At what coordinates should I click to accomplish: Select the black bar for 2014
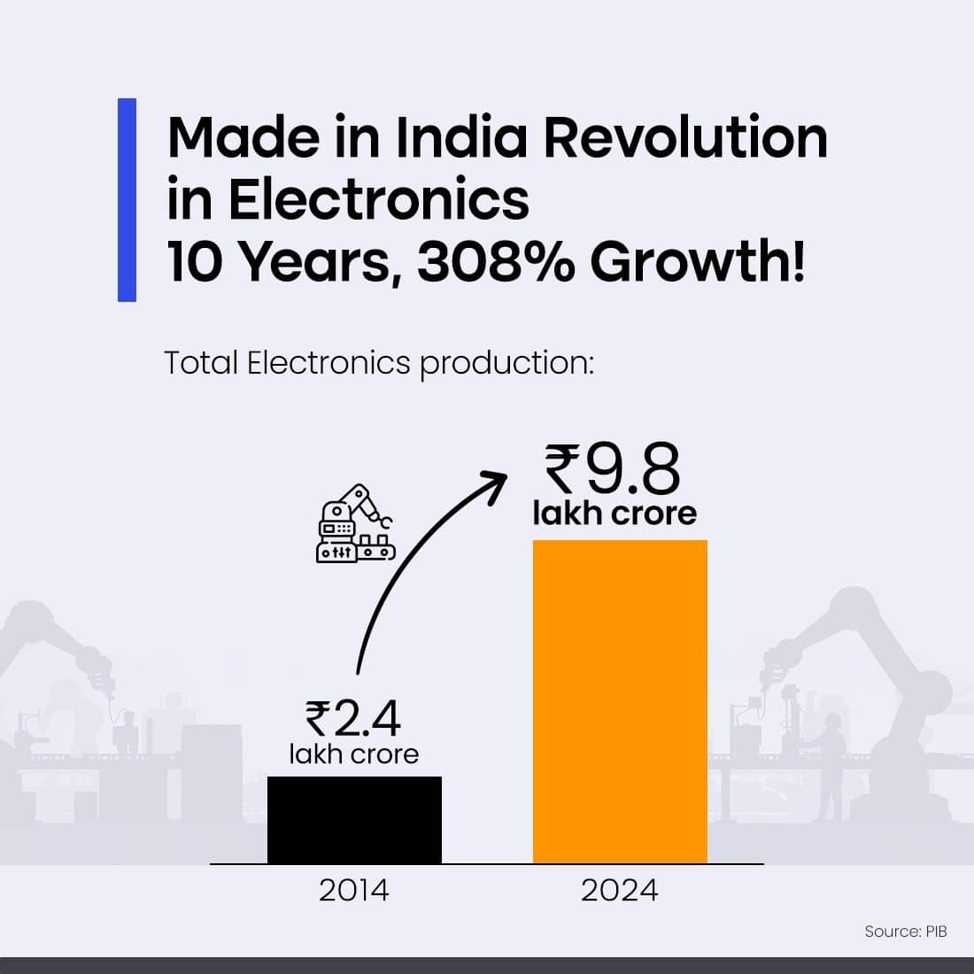tap(354, 820)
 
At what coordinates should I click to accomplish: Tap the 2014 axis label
tap(354, 890)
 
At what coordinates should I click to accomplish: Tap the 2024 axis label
tap(620, 890)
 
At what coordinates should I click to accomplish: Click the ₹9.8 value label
tap(614, 471)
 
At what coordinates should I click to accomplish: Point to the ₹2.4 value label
tap(353, 718)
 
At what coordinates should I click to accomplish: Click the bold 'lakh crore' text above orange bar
tap(615, 514)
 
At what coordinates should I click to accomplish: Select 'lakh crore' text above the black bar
tap(353, 754)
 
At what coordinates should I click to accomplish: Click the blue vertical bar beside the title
tap(127, 200)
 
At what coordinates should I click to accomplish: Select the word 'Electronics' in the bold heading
tap(378, 200)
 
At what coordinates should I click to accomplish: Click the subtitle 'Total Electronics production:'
tap(378, 363)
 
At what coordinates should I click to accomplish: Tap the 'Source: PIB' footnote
tap(905, 931)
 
